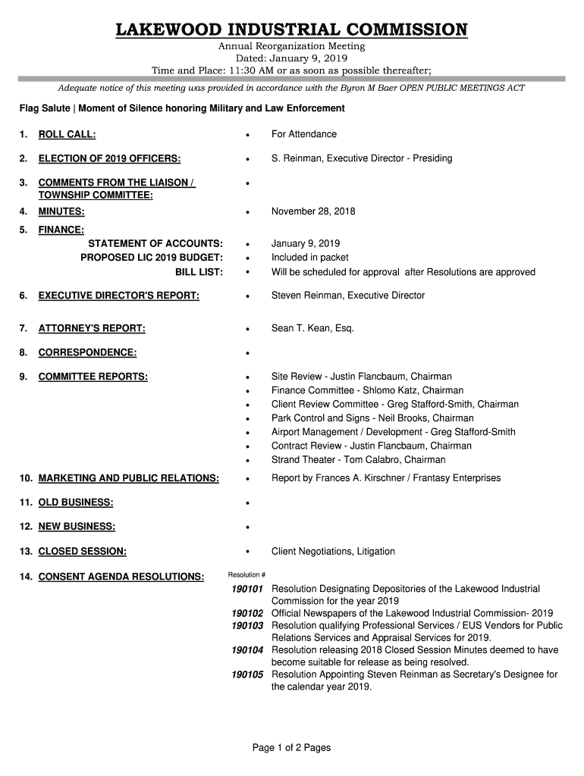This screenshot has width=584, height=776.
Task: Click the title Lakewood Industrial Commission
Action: click(x=292, y=30)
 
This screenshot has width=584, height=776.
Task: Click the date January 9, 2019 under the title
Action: click(x=292, y=58)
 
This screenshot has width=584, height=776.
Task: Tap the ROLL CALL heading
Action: click(x=67, y=134)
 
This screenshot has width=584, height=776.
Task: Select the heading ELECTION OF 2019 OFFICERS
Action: click(x=109, y=158)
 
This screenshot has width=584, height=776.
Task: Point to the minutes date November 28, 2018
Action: click(x=313, y=211)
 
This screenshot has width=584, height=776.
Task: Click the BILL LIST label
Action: click(x=199, y=272)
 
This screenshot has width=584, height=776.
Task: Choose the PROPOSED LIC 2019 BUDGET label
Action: click(x=152, y=258)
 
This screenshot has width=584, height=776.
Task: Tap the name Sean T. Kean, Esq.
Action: click(x=312, y=328)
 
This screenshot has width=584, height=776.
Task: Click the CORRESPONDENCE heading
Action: click(x=87, y=352)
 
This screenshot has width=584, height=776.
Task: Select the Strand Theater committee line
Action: click(x=358, y=459)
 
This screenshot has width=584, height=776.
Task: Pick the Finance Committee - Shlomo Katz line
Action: click(x=367, y=390)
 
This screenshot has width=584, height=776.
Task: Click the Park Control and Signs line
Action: click(x=372, y=418)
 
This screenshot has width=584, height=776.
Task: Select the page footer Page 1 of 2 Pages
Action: click(x=292, y=748)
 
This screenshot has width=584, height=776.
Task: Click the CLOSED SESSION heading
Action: click(x=82, y=551)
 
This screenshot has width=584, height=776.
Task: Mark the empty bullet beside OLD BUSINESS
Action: click(x=247, y=503)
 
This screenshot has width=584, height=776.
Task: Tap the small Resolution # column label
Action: click(x=246, y=574)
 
